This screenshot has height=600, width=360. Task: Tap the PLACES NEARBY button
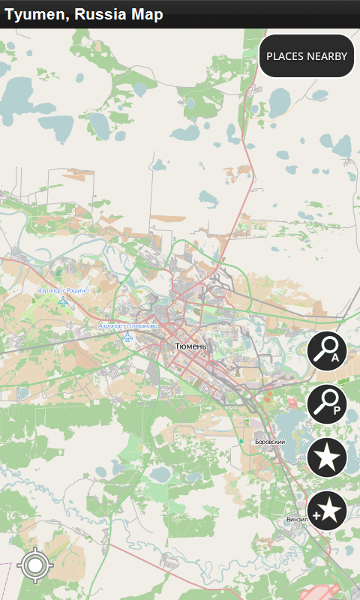coord(307,56)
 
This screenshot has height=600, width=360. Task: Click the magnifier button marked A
coord(327,351)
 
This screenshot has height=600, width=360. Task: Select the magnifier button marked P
coord(327,404)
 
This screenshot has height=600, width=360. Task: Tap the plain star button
coord(327,457)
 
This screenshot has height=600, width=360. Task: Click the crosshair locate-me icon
coord(34,565)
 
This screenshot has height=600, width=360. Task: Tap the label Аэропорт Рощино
coord(63,290)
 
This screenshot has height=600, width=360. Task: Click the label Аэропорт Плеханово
coord(127,326)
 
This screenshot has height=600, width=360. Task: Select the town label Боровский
coord(270,442)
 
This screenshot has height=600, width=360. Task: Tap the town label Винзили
coord(297,519)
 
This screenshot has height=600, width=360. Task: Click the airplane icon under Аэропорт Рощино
coord(63,302)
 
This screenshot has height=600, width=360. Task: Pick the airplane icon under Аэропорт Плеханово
coord(127,337)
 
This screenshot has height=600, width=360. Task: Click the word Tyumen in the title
coord(32,14)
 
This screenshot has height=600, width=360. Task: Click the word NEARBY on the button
coord(327,56)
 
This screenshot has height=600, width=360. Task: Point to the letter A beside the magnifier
coord(335,358)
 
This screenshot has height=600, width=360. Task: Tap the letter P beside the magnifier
coord(337,411)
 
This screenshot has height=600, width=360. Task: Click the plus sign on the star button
coord(317,516)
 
